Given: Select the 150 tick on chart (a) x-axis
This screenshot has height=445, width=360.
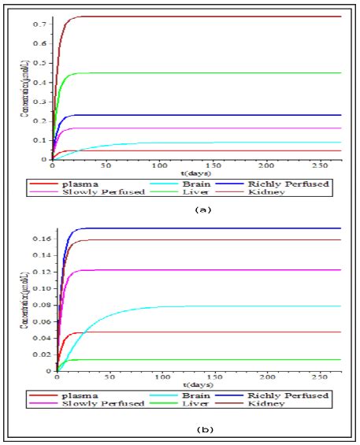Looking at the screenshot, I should (x=213, y=167).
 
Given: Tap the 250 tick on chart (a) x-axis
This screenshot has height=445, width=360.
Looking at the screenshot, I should (x=320, y=167).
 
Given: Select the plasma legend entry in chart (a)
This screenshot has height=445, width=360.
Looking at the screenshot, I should (x=93, y=183).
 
